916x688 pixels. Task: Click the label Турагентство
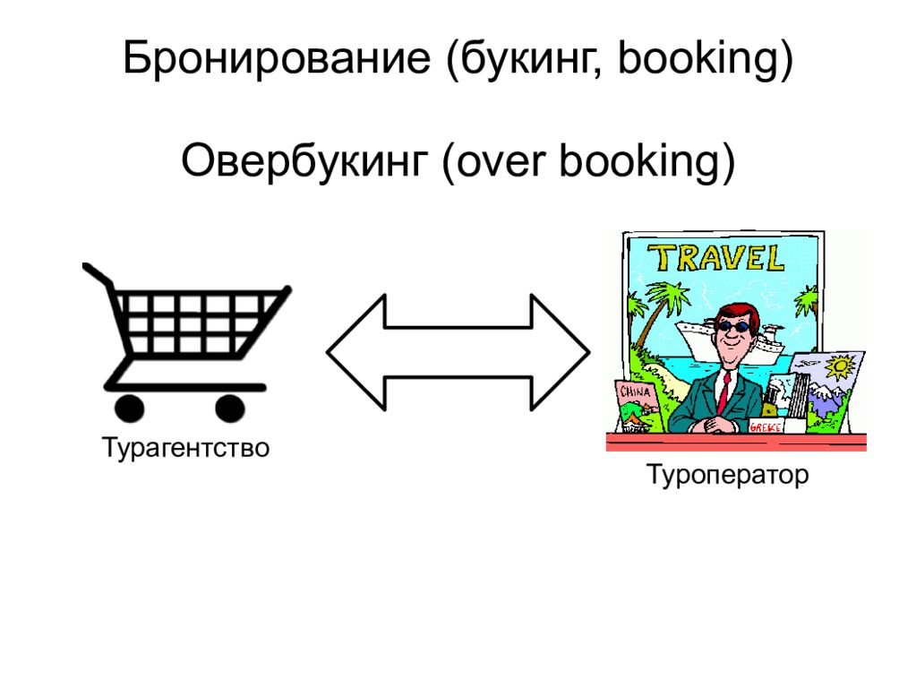[185, 446]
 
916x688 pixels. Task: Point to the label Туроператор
[728, 474]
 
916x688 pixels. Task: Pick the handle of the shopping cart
[95, 272]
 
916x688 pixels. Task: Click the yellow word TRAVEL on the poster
[717, 259]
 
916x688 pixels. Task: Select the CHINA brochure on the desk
[635, 402]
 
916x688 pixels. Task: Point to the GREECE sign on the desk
[766, 427]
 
